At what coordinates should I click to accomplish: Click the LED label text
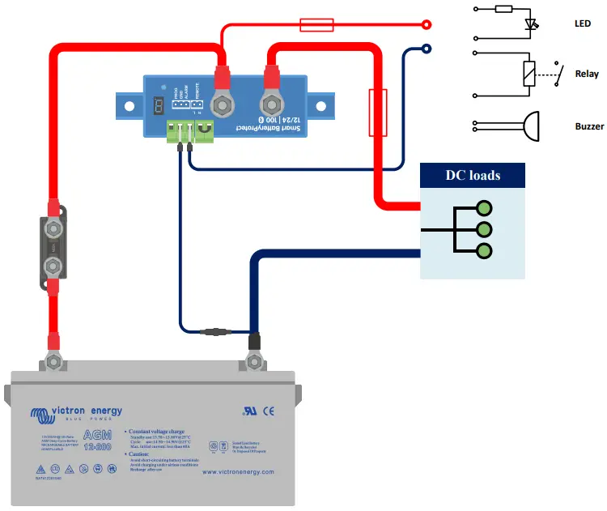point(583,24)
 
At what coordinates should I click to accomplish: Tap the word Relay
point(587,74)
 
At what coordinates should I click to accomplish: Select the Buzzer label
point(588,126)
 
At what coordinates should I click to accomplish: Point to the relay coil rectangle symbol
point(530,74)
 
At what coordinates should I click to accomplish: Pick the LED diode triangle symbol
point(531,24)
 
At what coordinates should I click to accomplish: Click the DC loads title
point(473,175)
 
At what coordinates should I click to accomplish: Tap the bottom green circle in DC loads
point(485,251)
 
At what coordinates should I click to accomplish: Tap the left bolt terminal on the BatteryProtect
point(221,104)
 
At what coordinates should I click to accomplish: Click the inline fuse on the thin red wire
point(316,25)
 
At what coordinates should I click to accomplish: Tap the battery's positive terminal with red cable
point(53,359)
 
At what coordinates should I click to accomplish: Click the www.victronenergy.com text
point(237,471)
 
